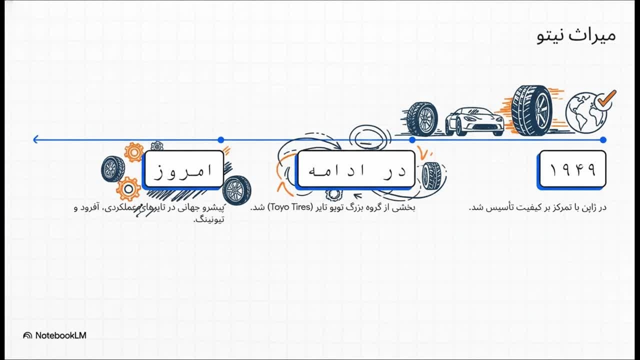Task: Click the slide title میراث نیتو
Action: [x=576, y=36]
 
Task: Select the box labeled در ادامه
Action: [x=356, y=170]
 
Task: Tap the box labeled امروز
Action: [x=183, y=170]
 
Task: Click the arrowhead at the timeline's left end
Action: [x=36, y=139]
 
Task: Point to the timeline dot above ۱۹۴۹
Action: [x=603, y=140]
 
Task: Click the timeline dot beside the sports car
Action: [x=412, y=140]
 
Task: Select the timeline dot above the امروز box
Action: [x=221, y=140]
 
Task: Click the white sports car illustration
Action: [x=474, y=121]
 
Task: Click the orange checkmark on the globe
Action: [x=606, y=100]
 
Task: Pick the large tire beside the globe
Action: [x=531, y=111]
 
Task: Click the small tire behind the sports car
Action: [x=422, y=119]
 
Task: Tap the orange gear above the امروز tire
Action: [x=133, y=152]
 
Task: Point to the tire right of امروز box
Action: [x=236, y=190]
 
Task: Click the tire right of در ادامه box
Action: [x=431, y=175]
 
